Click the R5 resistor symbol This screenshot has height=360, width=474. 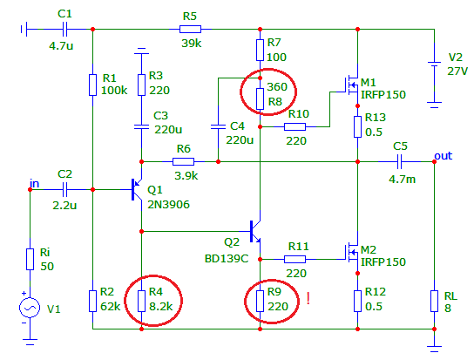190,30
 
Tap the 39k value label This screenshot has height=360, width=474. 192,44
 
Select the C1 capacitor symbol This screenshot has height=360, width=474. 64,30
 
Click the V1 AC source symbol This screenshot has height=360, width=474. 30,308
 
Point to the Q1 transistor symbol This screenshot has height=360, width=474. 137,190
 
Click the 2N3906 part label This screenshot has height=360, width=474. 168,205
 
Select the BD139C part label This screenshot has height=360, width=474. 227,259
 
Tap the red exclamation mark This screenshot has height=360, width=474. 308,299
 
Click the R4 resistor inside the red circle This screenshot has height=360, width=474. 141,301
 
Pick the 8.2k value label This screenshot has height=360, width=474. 161,307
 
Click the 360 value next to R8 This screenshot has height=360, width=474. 277,87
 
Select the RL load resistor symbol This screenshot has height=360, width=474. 435,301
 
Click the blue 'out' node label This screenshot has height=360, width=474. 444,156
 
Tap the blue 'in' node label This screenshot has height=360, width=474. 35,184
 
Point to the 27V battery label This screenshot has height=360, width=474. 457,71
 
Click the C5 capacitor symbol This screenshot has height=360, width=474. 399,162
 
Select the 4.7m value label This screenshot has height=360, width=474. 402,180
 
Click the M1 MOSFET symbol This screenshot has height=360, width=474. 350,85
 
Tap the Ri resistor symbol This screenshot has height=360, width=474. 30,259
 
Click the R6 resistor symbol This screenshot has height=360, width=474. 183,162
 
